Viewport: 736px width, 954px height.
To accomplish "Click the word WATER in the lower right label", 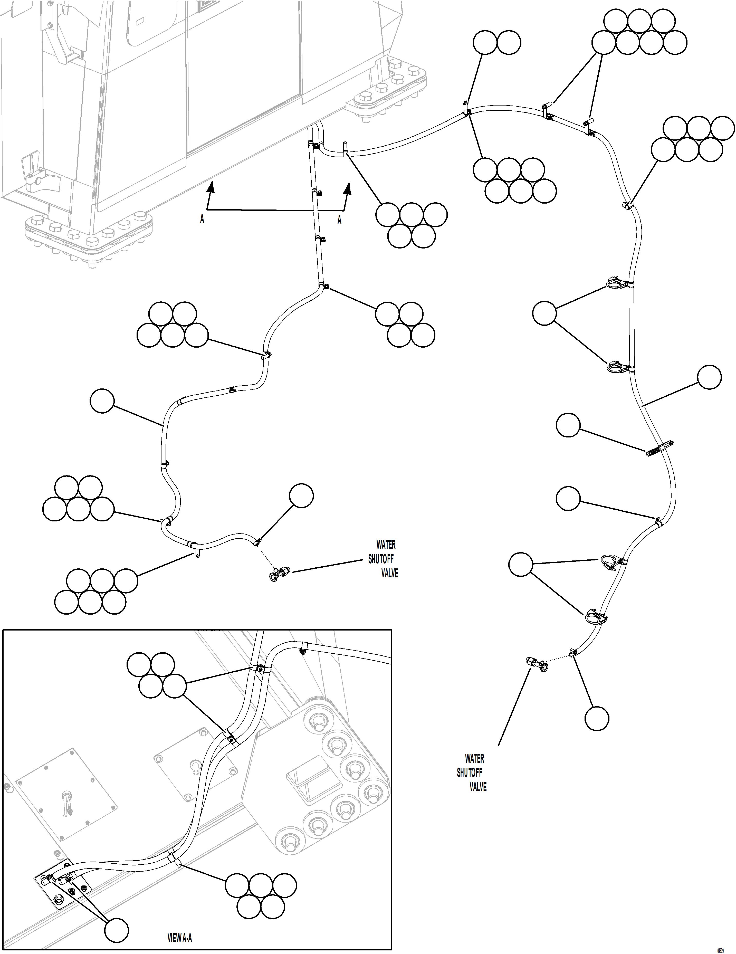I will pos(474,758).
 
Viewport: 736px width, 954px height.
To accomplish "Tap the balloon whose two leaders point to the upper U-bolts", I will pos(545,313).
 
